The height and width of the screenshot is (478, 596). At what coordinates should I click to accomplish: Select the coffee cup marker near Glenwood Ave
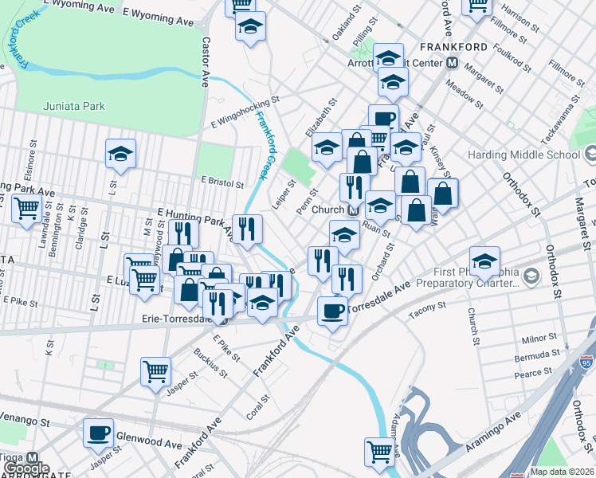point(99,434)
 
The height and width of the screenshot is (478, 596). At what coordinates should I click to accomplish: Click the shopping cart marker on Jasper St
point(155,371)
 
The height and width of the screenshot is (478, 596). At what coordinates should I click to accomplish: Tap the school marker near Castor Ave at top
point(250,28)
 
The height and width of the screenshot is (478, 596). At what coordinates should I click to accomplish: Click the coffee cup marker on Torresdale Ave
point(332,311)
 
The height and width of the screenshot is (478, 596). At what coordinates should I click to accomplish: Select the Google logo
point(25,468)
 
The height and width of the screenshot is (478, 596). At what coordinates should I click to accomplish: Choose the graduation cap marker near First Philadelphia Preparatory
point(484,261)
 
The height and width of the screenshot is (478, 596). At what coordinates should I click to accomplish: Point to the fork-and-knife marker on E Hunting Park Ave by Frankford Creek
point(247,229)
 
